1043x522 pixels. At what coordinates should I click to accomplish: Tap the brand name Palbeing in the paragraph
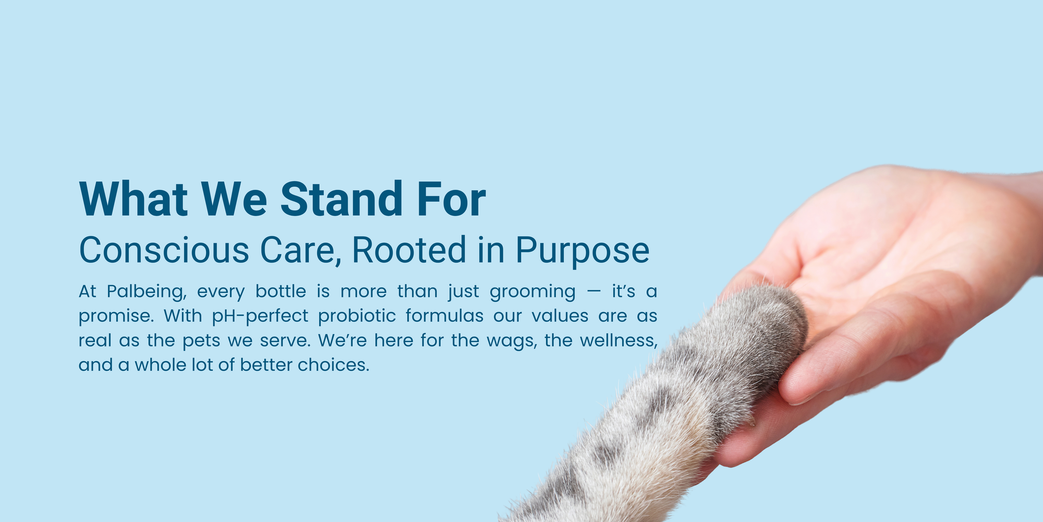pyautogui.click(x=147, y=292)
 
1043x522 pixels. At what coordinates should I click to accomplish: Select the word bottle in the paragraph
pyautogui.click(x=281, y=291)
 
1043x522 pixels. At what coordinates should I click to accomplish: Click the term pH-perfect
pyautogui.click(x=260, y=316)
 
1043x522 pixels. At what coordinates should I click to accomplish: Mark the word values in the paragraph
pyautogui.click(x=560, y=315)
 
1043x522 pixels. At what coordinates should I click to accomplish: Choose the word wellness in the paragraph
pyautogui.click(x=618, y=341)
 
